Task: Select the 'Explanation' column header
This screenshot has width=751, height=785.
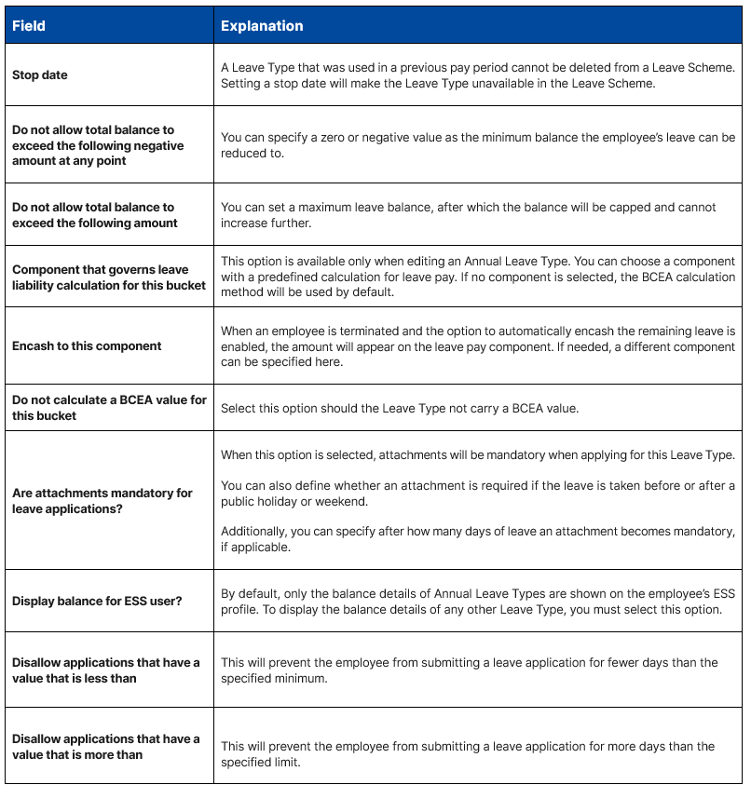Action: [262, 26]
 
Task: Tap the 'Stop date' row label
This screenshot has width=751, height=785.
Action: [40, 75]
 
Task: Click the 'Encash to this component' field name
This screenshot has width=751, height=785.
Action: [87, 346]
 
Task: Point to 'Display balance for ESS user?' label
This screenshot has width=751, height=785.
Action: [97, 602]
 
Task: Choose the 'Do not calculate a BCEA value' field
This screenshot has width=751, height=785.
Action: [109, 408]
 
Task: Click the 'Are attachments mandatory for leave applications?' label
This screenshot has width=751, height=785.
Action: [102, 501]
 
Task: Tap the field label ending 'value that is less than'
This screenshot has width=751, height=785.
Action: [105, 670]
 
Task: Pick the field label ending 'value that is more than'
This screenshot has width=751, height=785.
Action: [105, 747]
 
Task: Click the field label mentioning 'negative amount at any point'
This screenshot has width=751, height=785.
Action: [98, 145]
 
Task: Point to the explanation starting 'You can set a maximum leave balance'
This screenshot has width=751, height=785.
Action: [469, 215]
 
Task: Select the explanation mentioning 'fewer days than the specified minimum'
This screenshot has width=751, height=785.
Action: [469, 670]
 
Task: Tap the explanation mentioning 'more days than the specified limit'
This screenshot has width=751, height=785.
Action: [467, 754]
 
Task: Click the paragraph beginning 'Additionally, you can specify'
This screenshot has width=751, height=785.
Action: [476, 539]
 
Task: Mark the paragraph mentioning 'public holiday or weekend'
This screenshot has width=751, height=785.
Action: [477, 494]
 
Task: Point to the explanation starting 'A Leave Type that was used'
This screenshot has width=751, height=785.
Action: [477, 75]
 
